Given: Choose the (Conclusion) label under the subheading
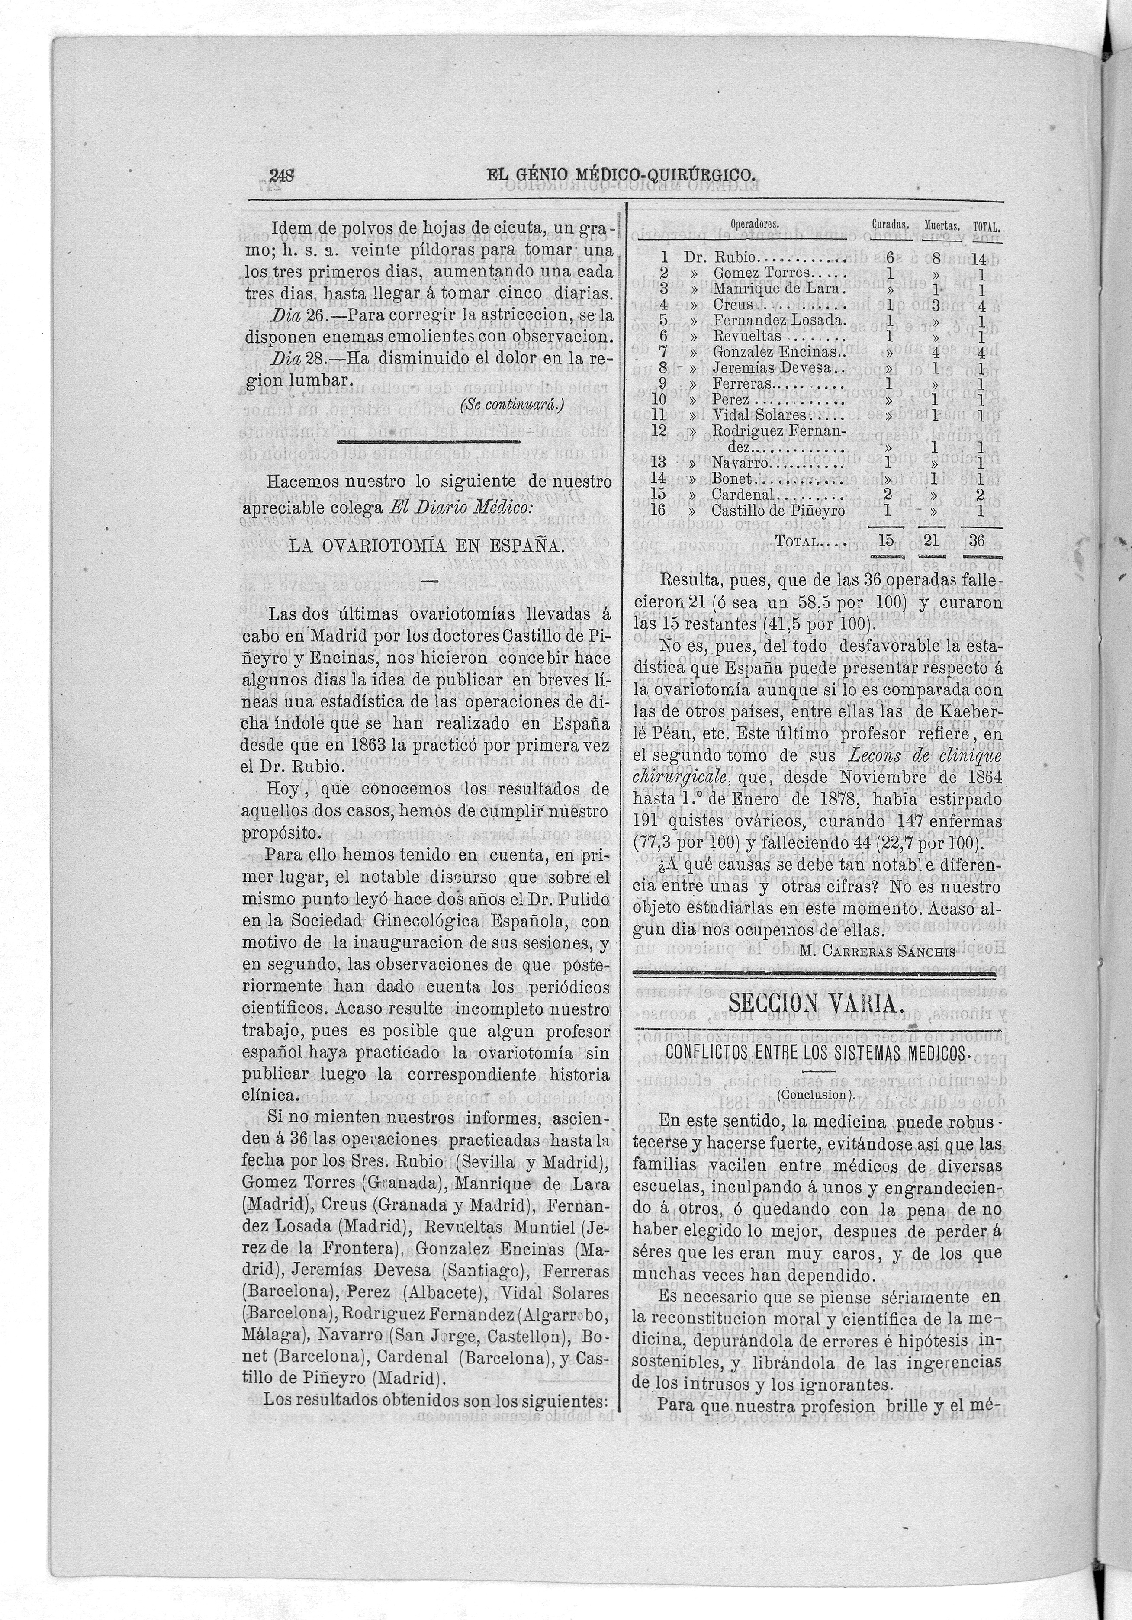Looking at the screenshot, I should pos(815,1094).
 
